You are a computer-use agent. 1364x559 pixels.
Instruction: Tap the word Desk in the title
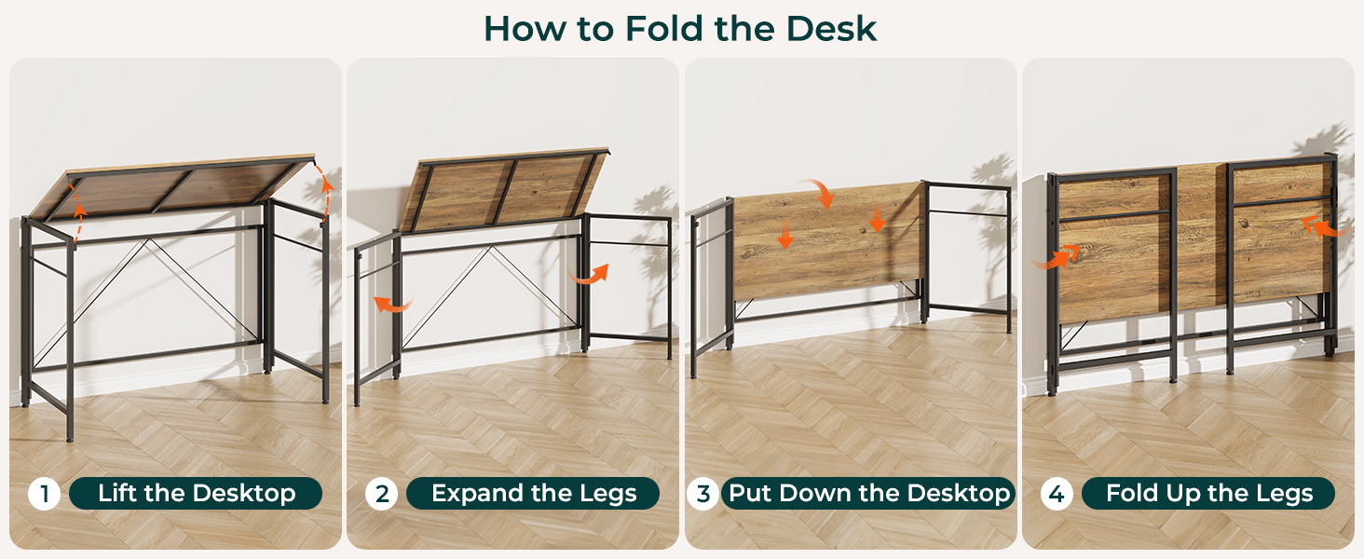[831, 28]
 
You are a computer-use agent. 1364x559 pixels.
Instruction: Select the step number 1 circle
[44, 493]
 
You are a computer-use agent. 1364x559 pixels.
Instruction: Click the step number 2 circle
[381, 493]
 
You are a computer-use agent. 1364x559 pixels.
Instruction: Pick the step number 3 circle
[702, 493]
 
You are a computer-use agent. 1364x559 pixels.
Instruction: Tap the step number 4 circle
[1057, 493]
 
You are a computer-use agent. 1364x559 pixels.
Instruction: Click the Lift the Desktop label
[196, 493]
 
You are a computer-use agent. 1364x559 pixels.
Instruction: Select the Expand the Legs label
[533, 493]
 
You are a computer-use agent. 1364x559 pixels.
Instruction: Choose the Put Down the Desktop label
[868, 493]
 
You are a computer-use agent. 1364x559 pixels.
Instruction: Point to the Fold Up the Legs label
[1208, 493]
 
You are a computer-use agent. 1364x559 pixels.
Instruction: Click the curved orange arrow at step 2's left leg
[393, 303]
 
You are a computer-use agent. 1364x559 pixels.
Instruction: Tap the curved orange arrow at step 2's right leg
[589, 276]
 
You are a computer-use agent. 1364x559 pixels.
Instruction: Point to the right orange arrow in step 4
[1325, 227]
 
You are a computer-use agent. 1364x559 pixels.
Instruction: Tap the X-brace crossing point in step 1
[147, 240]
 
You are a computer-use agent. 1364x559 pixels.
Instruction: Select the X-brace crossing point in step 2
[488, 248]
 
